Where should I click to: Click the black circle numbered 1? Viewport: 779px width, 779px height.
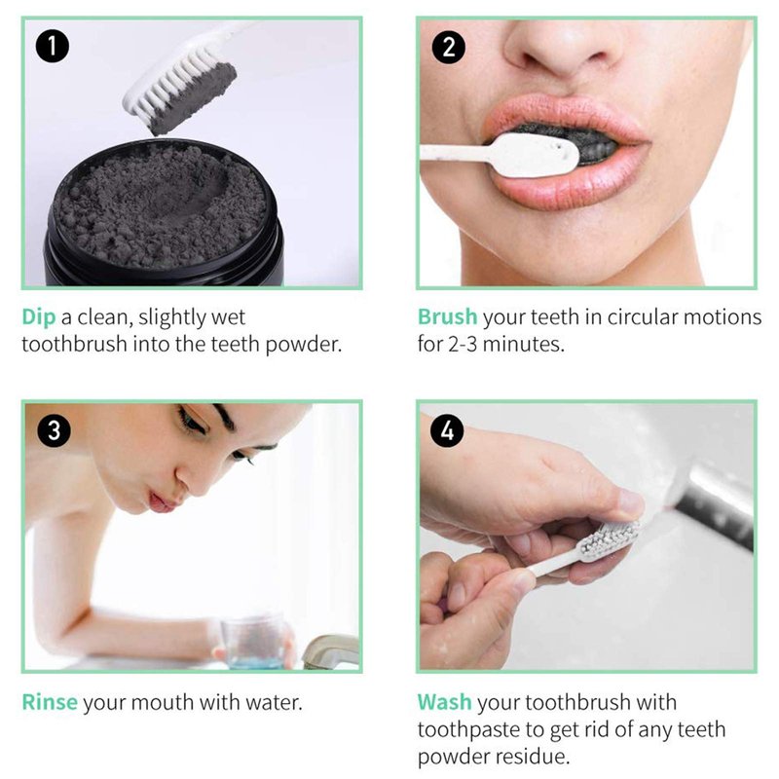(x=53, y=46)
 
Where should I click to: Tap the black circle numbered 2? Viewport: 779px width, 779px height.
(x=448, y=47)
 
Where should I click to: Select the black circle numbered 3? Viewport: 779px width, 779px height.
(x=55, y=429)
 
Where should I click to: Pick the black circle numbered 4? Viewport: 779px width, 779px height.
(x=447, y=429)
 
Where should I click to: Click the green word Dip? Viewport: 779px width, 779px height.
(x=38, y=318)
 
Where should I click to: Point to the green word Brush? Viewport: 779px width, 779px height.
(x=447, y=317)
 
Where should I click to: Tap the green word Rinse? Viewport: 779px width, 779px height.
(x=50, y=702)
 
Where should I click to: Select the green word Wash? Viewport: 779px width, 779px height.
(x=444, y=702)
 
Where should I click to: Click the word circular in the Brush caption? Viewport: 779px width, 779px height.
(x=643, y=317)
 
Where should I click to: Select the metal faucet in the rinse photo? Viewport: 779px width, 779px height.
(x=329, y=650)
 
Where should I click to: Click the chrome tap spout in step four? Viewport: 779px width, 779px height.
(x=715, y=502)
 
